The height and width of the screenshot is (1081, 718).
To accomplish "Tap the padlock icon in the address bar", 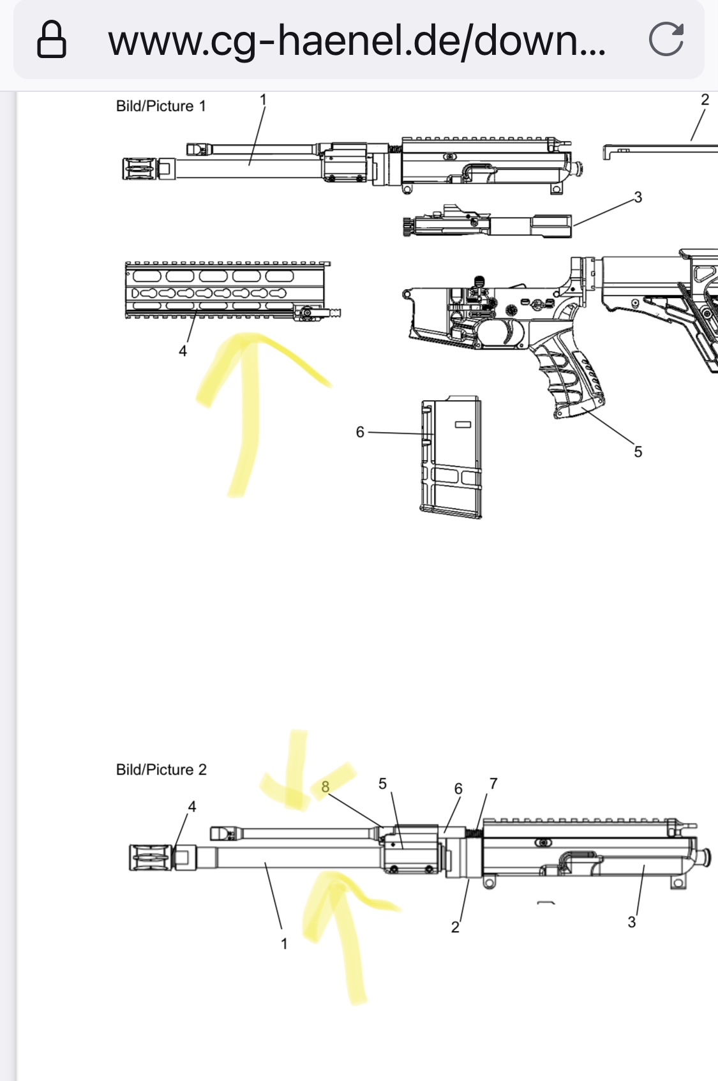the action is coord(52,40).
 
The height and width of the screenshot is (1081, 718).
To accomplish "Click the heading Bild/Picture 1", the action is coord(161,106).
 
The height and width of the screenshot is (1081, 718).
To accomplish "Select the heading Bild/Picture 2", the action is coord(161,769).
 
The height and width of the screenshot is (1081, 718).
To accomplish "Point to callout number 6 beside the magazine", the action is coord(360,432).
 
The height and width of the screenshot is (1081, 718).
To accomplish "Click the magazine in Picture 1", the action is coord(451,457).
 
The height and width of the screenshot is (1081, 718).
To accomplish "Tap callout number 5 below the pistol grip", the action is coord(638,452).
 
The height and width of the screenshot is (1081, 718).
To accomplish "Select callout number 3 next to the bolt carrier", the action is coord(638,197).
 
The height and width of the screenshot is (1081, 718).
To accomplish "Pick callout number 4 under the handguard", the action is coord(183,351).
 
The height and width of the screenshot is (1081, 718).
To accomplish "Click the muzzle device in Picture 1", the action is coord(140,169).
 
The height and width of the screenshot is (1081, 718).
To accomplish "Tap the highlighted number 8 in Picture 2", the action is coord(325,787).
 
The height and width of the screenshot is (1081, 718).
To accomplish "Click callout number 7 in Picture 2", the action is coord(493,784).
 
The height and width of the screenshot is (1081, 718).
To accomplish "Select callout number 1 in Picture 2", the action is coord(284,943).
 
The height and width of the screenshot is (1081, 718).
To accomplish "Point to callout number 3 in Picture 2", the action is coord(632,922).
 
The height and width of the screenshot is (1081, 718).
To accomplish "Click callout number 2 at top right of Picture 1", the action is coord(705,100).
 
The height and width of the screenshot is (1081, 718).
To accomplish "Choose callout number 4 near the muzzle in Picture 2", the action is coord(191,807).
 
